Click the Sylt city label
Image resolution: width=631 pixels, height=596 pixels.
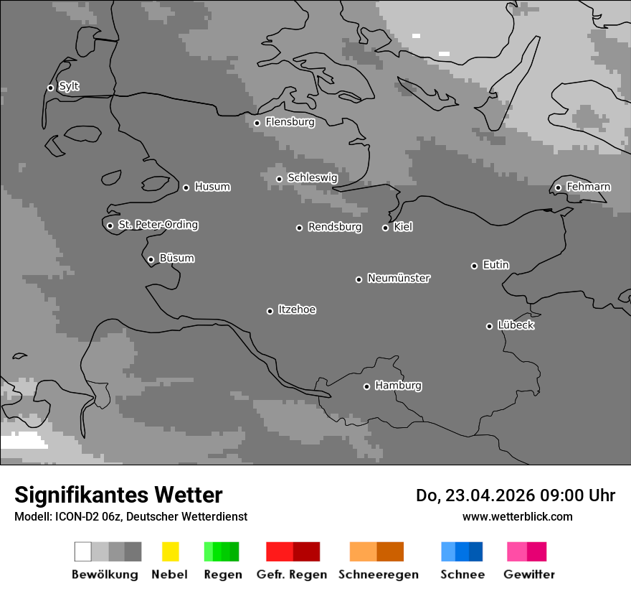69,87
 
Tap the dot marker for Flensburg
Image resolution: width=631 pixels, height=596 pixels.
257,123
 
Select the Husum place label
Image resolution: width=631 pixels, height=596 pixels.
212,187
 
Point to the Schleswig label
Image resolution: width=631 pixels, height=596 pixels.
312,177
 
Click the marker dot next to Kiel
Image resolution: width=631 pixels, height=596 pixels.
385,228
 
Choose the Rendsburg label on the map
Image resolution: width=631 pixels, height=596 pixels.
334,227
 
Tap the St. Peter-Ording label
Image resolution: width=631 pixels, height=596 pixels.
158,225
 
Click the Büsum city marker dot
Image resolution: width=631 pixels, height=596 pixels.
151,259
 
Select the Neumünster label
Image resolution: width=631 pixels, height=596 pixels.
399,278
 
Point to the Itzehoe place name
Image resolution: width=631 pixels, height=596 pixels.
297,309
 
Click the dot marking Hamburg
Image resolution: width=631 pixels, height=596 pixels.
366,386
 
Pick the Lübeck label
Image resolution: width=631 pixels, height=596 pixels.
516,325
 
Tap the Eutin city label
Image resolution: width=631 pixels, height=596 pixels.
495,265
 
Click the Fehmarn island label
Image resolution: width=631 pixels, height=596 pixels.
588,187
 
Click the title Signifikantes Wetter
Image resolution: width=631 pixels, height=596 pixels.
118,495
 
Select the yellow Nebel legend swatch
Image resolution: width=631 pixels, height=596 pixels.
170,551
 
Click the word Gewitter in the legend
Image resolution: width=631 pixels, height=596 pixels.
528,574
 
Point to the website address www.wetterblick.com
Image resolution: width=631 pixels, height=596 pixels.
517,516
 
